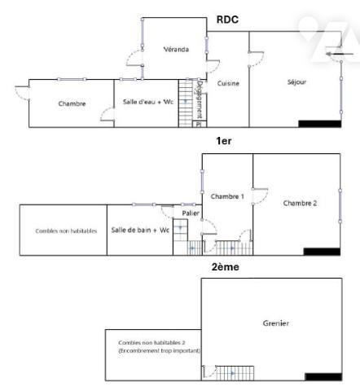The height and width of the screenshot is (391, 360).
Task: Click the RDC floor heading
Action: (x=227, y=20)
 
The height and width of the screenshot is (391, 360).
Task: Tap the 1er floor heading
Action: (x=224, y=141)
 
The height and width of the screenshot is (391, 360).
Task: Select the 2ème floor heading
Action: (x=226, y=267)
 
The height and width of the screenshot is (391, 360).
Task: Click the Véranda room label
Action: (x=176, y=50)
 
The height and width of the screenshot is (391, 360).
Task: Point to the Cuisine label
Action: (x=228, y=83)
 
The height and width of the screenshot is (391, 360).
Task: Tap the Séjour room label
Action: (x=296, y=82)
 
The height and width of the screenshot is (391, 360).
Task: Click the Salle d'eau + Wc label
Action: (x=148, y=102)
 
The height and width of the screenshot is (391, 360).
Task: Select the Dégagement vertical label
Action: (x=200, y=99)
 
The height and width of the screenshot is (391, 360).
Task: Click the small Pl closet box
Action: (x=200, y=124)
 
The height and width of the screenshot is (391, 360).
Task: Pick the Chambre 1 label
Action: (x=227, y=196)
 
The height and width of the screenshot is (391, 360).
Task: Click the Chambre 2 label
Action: (x=300, y=203)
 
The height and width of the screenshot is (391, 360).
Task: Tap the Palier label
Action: (x=191, y=213)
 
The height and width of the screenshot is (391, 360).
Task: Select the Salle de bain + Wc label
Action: (x=140, y=230)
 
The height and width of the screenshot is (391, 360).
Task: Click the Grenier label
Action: (x=276, y=323)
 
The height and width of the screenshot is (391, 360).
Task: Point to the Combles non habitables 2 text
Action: (x=151, y=343)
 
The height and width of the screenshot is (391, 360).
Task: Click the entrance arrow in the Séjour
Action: (x=340, y=54)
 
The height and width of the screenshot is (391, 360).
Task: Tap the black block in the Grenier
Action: (x=323, y=377)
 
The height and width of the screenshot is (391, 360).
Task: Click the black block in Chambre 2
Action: (x=322, y=252)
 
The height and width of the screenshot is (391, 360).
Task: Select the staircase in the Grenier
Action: (x=235, y=373)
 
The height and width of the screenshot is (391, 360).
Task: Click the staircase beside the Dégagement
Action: (x=186, y=103)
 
